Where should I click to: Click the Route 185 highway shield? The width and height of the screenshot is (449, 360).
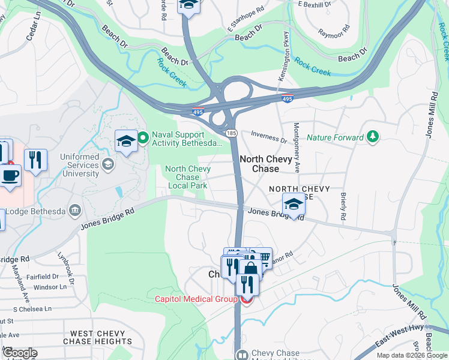231,133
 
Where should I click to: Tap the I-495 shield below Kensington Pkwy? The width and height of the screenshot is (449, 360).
289,98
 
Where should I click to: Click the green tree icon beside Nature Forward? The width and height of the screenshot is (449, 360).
373,137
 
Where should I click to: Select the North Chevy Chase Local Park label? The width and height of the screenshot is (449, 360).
187,178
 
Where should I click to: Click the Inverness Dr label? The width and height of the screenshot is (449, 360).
268,139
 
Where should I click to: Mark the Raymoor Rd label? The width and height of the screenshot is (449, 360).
334,32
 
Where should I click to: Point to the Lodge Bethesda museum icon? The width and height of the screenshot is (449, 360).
76,210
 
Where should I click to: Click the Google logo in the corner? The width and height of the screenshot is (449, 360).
20,353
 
